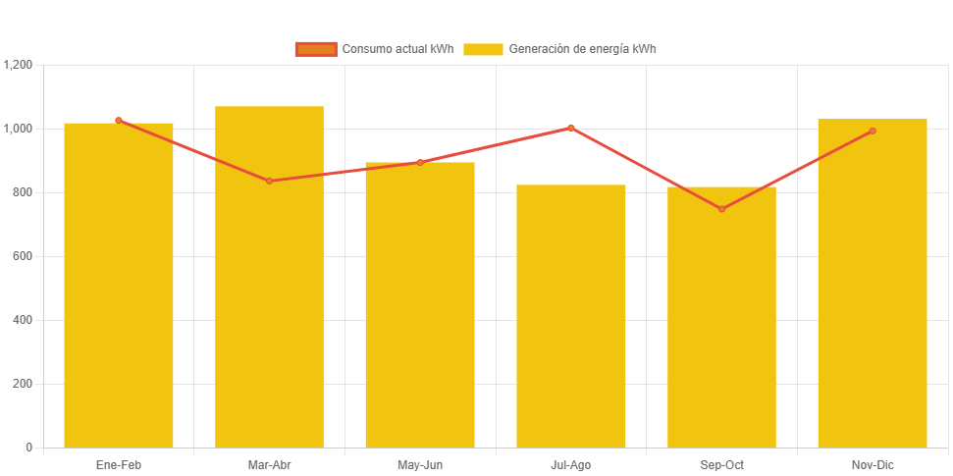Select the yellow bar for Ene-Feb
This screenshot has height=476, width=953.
click(119, 285)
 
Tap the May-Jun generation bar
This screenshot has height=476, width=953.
click(420, 304)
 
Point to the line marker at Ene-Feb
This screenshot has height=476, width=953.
click(119, 121)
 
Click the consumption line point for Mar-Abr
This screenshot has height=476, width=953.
click(269, 181)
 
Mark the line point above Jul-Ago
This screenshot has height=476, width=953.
click(571, 128)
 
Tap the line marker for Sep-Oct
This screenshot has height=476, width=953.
click(721, 209)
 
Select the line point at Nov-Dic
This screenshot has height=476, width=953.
click(873, 131)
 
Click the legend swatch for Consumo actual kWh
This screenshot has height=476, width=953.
click(316, 49)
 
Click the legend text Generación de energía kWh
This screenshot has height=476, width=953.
click(582, 49)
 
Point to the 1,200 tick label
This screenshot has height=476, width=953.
click(19, 65)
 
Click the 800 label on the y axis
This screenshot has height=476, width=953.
click(23, 192)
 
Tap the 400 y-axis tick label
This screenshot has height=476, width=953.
click(23, 320)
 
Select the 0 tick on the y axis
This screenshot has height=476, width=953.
click(29, 448)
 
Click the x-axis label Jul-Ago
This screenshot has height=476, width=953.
click(571, 465)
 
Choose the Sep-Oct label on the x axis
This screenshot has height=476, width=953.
click(721, 465)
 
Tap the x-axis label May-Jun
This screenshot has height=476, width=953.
click(420, 465)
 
